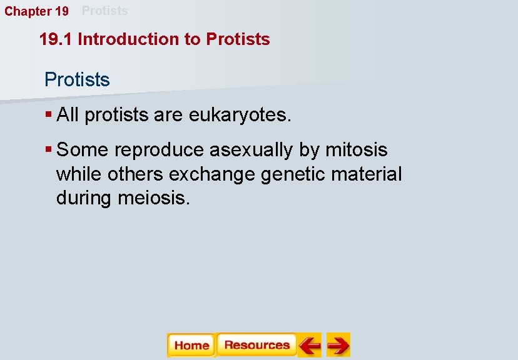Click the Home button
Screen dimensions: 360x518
point(191,345)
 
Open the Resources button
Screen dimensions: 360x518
point(256,345)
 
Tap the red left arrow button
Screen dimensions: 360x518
point(309,345)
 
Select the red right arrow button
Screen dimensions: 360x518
point(338,345)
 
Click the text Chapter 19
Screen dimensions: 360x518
point(37,11)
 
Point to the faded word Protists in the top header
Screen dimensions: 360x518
point(104,11)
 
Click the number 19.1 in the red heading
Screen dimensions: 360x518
point(56,39)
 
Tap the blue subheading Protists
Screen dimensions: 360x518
point(77,80)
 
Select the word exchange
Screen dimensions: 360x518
point(212,174)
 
